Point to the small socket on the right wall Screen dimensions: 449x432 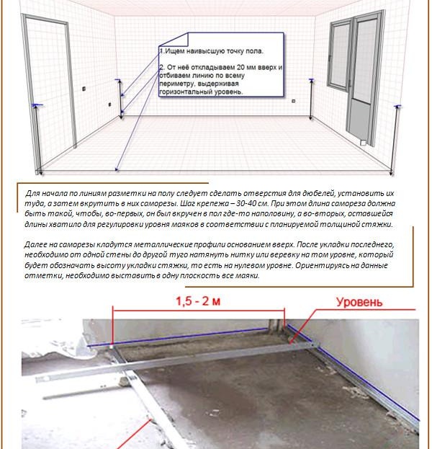[293, 102]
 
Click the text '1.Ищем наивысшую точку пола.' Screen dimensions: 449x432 [211, 52]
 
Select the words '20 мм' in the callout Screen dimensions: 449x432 [241, 68]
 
